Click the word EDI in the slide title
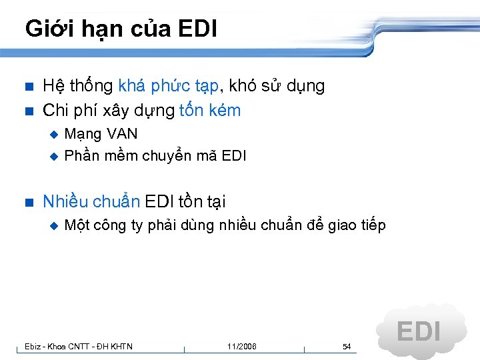(198, 29)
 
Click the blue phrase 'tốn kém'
(210, 111)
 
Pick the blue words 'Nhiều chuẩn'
(91, 201)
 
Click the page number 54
(347, 347)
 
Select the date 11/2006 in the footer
(241, 347)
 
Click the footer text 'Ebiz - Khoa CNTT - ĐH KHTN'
(78, 347)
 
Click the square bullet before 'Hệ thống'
(27, 87)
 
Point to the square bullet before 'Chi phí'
(27, 111)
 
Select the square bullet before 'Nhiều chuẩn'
(27, 202)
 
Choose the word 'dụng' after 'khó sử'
(307, 87)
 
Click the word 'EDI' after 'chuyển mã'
(233, 156)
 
